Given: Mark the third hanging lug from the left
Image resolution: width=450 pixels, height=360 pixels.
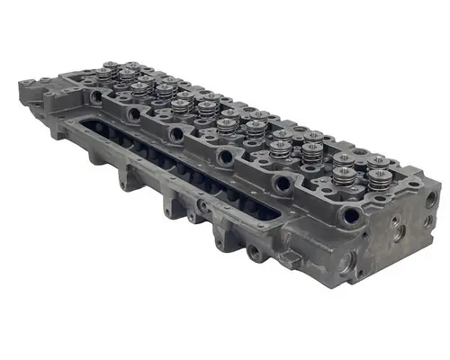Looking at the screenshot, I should (x=192, y=215).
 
